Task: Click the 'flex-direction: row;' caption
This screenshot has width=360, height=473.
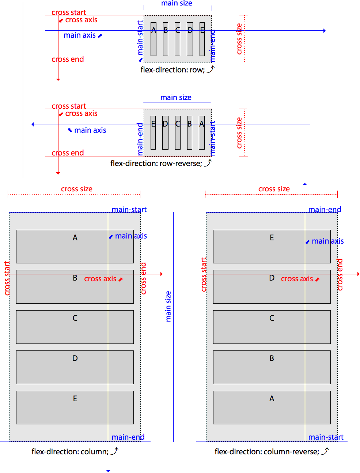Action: (173, 70)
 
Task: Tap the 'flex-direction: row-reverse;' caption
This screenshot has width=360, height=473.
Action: (156, 164)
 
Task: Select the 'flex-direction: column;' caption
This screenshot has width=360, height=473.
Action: (70, 452)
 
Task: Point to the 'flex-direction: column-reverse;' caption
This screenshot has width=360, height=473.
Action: (266, 452)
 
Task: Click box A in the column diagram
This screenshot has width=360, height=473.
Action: (75, 247)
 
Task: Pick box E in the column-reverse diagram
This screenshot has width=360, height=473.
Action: (272, 247)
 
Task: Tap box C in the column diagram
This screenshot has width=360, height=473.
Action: (75, 327)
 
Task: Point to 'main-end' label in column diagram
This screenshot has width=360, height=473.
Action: (128, 437)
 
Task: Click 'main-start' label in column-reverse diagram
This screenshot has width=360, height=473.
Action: (326, 437)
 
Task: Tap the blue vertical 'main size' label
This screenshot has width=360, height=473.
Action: (168, 307)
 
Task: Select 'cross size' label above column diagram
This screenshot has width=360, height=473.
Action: (77, 189)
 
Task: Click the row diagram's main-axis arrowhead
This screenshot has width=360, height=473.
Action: (324, 31)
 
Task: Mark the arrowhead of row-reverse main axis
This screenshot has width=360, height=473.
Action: (33, 124)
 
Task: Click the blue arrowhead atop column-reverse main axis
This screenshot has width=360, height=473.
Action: (305, 184)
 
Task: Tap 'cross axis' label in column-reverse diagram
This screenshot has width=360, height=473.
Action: (297, 279)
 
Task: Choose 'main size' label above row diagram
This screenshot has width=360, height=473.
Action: (177, 3)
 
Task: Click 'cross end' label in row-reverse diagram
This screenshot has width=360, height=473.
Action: (68, 153)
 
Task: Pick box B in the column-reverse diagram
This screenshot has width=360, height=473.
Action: (272, 367)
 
